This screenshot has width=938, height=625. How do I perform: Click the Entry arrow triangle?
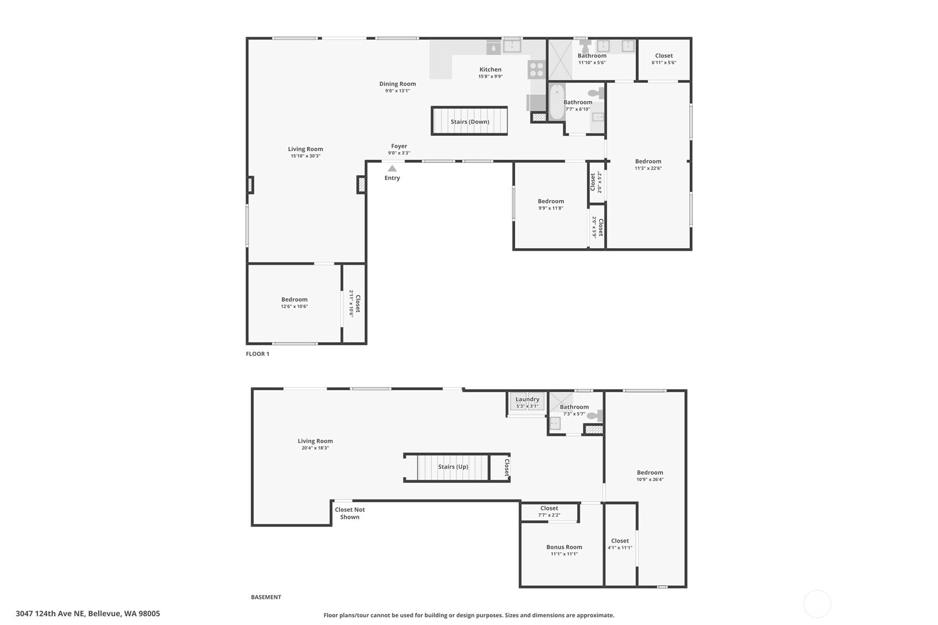(392, 169)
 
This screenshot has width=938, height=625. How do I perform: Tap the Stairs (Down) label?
(470, 122)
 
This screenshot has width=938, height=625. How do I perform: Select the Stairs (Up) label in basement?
(453, 467)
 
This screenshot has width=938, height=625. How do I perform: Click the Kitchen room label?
(490, 70)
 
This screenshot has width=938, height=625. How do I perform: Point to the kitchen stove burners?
(536, 70)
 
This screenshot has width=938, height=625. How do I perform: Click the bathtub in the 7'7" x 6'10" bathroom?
(557, 102)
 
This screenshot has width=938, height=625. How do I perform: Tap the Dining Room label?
(397, 84)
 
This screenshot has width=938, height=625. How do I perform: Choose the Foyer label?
(399, 146)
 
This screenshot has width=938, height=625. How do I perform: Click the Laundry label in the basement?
(527, 400)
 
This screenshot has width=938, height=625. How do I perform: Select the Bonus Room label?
(564, 547)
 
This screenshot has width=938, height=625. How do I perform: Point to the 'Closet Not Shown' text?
(350, 513)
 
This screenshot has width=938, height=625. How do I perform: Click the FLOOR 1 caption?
(258, 354)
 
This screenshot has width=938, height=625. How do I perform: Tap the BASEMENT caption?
(266, 597)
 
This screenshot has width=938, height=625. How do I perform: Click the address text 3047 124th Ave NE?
(50, 614)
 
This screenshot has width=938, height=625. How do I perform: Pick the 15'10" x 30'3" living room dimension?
(306, 156)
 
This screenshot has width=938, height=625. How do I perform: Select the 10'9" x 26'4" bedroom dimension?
(650, 480)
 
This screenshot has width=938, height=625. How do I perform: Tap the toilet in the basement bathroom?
(595, 416)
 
